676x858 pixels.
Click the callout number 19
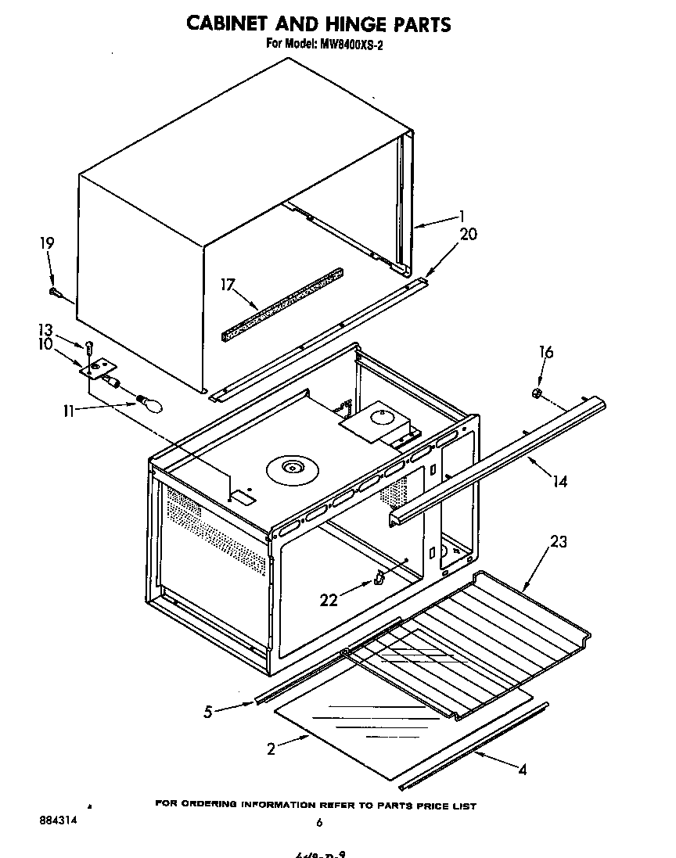pos(47,243)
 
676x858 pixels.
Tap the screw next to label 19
pos(55,292)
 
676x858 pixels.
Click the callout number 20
pos(468,234)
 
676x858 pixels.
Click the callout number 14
pos(559,482)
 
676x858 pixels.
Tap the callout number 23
pos(559,541)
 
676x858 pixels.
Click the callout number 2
pos(271,749)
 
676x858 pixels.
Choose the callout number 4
pos(522,770)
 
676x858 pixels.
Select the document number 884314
pos(57,821)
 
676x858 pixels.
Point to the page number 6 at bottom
pos(319,822)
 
